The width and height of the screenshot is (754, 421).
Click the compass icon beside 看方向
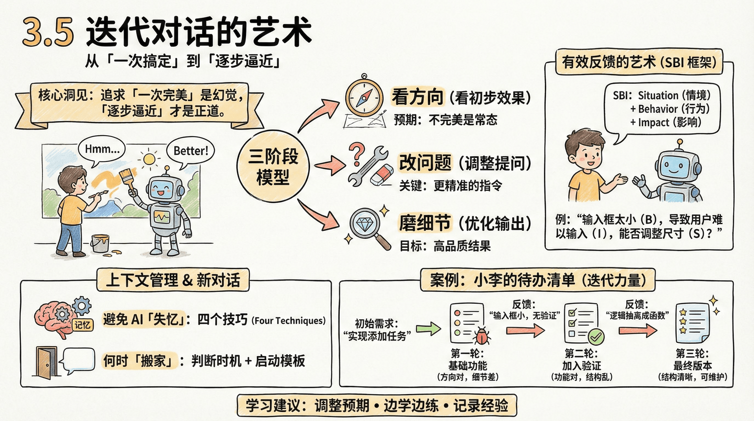364,98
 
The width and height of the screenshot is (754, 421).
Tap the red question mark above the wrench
357,154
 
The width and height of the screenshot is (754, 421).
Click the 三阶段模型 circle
273,167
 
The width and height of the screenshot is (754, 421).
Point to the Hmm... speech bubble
102,150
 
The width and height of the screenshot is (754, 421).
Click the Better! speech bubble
190,151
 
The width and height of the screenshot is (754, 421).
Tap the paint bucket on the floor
100,243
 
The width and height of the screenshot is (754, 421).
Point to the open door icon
46,362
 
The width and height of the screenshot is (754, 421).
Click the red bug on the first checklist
482,335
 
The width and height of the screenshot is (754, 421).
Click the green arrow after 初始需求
428,329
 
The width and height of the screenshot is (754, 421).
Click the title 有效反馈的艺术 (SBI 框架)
639,62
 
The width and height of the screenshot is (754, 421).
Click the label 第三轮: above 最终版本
692,353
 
